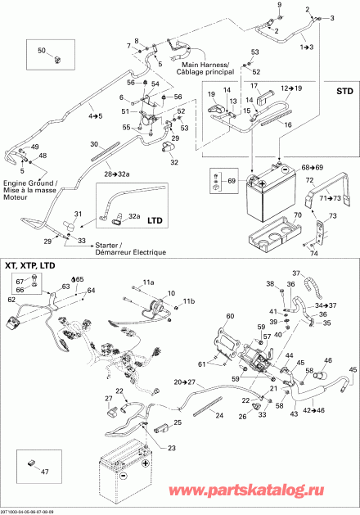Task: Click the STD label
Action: tap(337, 91)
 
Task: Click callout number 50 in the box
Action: tap(43, 52)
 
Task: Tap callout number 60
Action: tap(230, 316)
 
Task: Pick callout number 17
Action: tap(254, 87)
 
